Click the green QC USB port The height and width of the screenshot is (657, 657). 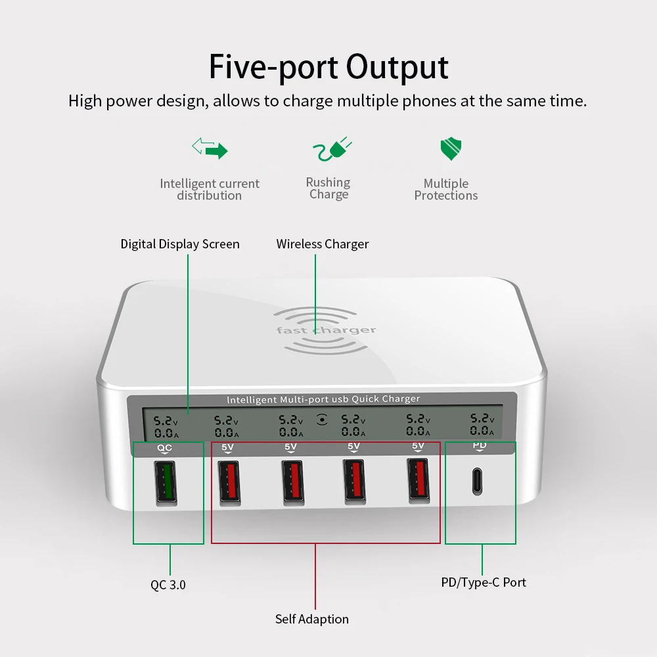pos(166,483)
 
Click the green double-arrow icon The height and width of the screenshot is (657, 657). pos(210,148)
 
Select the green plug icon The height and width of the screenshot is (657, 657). pos(332,148)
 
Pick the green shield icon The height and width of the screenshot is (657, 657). pos(450,149)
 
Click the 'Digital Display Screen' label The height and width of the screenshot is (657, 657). pos(180,244)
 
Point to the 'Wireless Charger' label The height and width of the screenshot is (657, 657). pos(323,244)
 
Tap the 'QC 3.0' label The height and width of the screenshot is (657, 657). pos(168,584)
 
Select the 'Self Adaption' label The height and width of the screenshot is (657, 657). pos(312,619)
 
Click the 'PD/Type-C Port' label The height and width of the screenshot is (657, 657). pos(484,582)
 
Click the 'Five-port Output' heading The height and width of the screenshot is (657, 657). pos(328,67)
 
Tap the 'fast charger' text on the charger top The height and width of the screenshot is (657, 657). pos(326,330)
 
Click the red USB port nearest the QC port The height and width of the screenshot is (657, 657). pos(229,482)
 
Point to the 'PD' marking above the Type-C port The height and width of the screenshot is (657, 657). pos(480,446)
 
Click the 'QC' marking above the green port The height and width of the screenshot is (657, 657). pos(164,449)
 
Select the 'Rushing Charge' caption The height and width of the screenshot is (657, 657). pos(328,189)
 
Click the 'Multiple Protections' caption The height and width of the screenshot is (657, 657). pos(446,190)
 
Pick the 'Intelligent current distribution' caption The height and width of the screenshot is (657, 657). pos(210,190)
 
